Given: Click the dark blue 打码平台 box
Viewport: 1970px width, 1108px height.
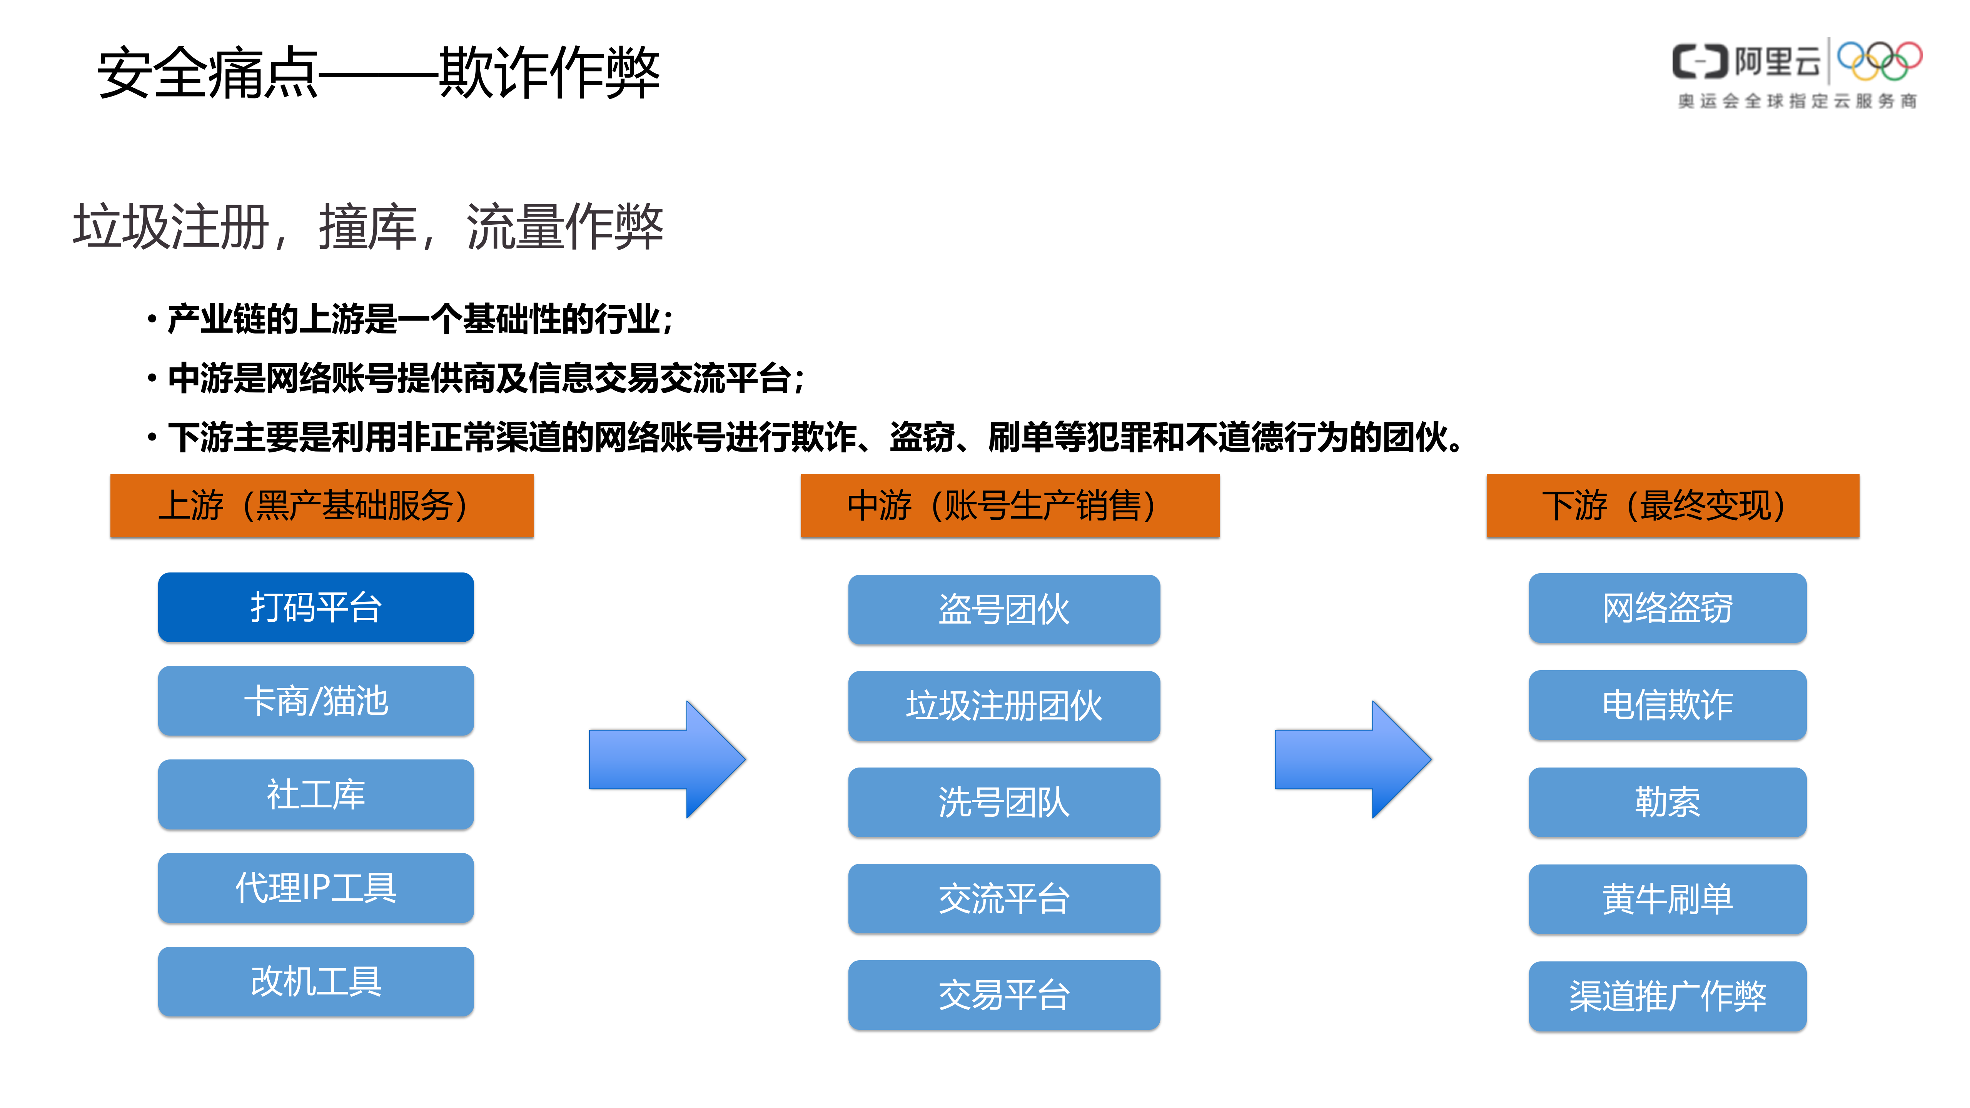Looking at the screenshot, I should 316,607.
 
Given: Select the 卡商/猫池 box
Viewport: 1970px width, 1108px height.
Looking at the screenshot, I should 316,701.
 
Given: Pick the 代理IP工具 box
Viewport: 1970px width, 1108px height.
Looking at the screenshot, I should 316,888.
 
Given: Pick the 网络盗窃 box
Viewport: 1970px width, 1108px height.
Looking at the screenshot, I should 1667,608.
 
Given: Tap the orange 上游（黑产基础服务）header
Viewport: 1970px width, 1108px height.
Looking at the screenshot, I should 322,506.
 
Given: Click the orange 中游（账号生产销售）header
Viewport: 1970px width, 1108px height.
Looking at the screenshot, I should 1010,506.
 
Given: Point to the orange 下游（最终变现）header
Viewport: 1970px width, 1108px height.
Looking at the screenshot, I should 1673,506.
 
